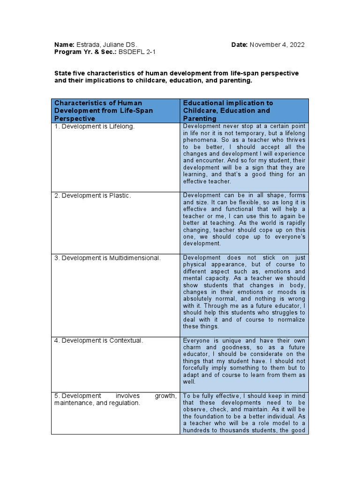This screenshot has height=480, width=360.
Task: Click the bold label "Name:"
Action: [64, 45]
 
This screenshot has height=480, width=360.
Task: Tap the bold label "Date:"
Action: [240, 45]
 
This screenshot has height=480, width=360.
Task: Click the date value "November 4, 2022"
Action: [277, 45]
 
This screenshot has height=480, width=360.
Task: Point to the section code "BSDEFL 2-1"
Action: [138, 52]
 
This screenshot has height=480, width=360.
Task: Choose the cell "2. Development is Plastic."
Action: [92, 195]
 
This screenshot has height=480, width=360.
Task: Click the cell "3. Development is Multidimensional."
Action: [107, 258]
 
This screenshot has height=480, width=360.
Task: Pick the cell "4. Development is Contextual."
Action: [98, 340]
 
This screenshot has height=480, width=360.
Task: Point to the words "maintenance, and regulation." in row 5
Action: [97, 403]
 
